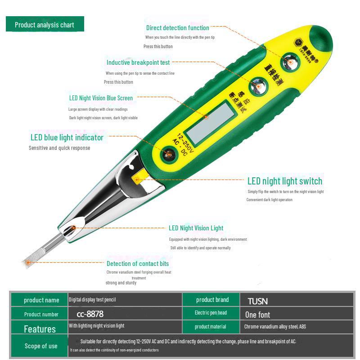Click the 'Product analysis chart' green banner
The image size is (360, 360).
point(45,25)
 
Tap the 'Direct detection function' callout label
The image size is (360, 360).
point(177,28)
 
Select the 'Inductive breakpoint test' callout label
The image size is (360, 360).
point(138,63)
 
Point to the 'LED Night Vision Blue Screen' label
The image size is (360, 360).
point(101,98)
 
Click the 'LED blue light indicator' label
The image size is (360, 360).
point(67,138)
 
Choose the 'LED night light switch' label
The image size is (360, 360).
point(285,181)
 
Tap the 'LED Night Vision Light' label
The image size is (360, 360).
point(196,228)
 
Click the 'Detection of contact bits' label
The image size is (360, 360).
point(138,264)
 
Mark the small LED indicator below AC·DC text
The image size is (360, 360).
point(168,155)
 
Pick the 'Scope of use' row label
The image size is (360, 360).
point(40,346)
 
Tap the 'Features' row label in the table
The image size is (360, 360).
point(40,329)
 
